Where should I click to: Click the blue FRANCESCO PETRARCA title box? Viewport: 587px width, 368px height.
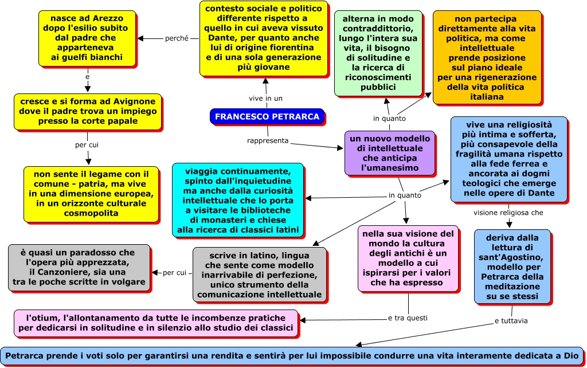267,116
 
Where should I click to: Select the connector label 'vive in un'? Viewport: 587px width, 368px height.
266,98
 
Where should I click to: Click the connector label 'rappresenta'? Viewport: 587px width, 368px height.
268,140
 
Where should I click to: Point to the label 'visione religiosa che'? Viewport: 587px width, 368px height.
508,213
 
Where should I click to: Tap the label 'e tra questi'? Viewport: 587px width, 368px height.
408,318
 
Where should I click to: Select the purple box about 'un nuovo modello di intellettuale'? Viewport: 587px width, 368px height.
389,152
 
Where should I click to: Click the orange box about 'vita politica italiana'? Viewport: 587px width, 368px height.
487,57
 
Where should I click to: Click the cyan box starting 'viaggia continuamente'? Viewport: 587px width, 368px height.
237,200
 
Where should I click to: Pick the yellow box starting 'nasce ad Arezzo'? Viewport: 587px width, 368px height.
87,38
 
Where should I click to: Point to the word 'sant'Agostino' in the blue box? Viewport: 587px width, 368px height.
512,257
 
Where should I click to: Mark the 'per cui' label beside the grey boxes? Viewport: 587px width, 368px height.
175,273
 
